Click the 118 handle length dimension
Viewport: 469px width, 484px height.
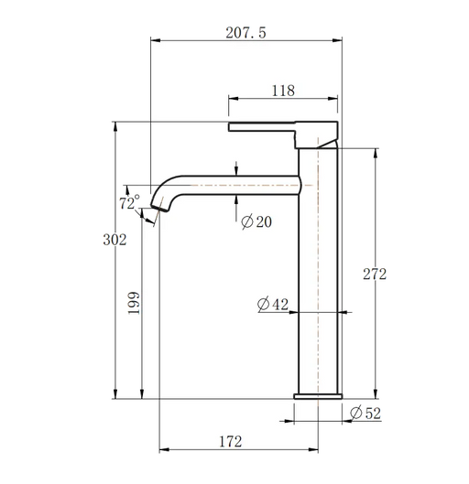(x=283, y=90)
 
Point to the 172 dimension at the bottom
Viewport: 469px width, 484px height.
(x=231, y=442)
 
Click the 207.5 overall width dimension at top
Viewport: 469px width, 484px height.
(x=245, y=32)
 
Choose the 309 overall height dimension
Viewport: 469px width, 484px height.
(x=112, y=240)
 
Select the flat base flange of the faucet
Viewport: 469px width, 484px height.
(x=318, y=396)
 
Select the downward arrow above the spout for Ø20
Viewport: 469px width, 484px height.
(x=237, y=168)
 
